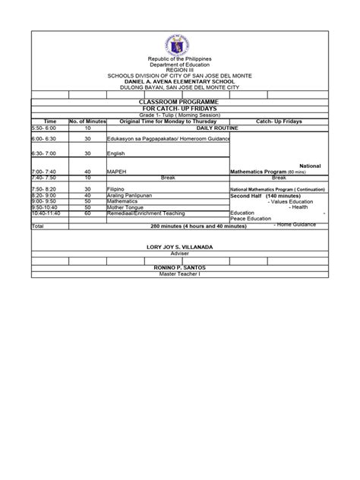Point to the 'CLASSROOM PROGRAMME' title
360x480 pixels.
(180, 101)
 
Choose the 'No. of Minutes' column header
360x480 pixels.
(87, 121)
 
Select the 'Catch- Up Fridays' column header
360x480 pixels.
(279, 121)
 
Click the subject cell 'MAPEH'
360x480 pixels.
(118, 172)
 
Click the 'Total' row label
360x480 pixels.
(39, 226)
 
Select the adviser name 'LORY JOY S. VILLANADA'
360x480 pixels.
(180, 248)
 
